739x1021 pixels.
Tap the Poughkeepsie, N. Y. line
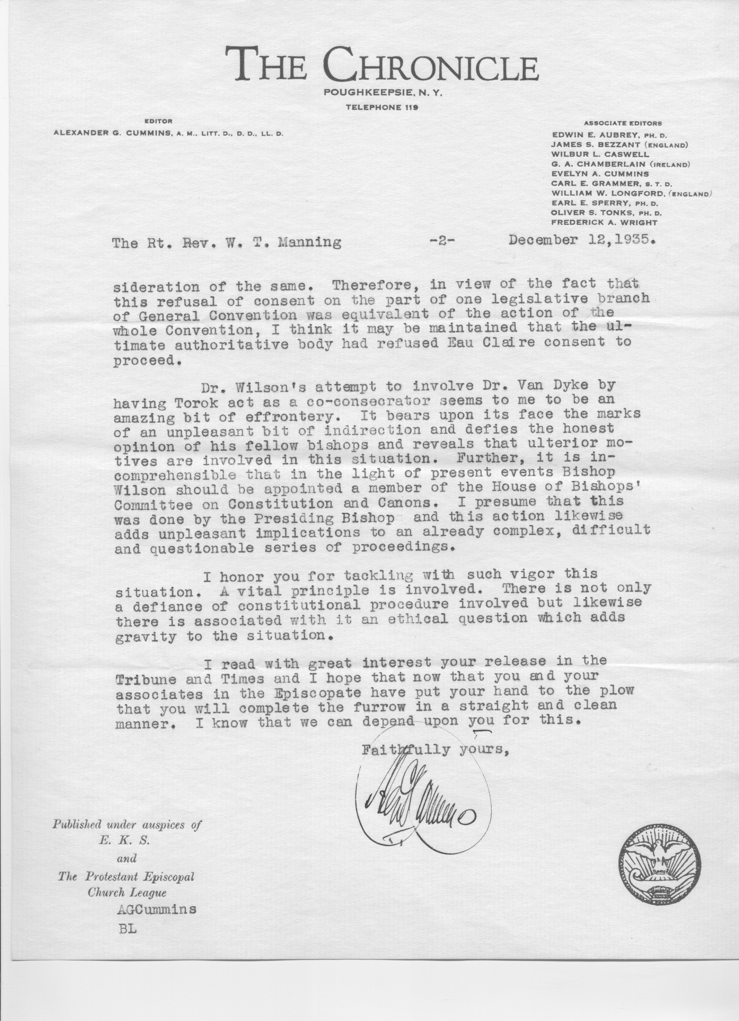[x=383, y=93]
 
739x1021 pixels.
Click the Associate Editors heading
[x=622, y=123]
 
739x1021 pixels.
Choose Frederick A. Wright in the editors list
[x=604, y=222]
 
